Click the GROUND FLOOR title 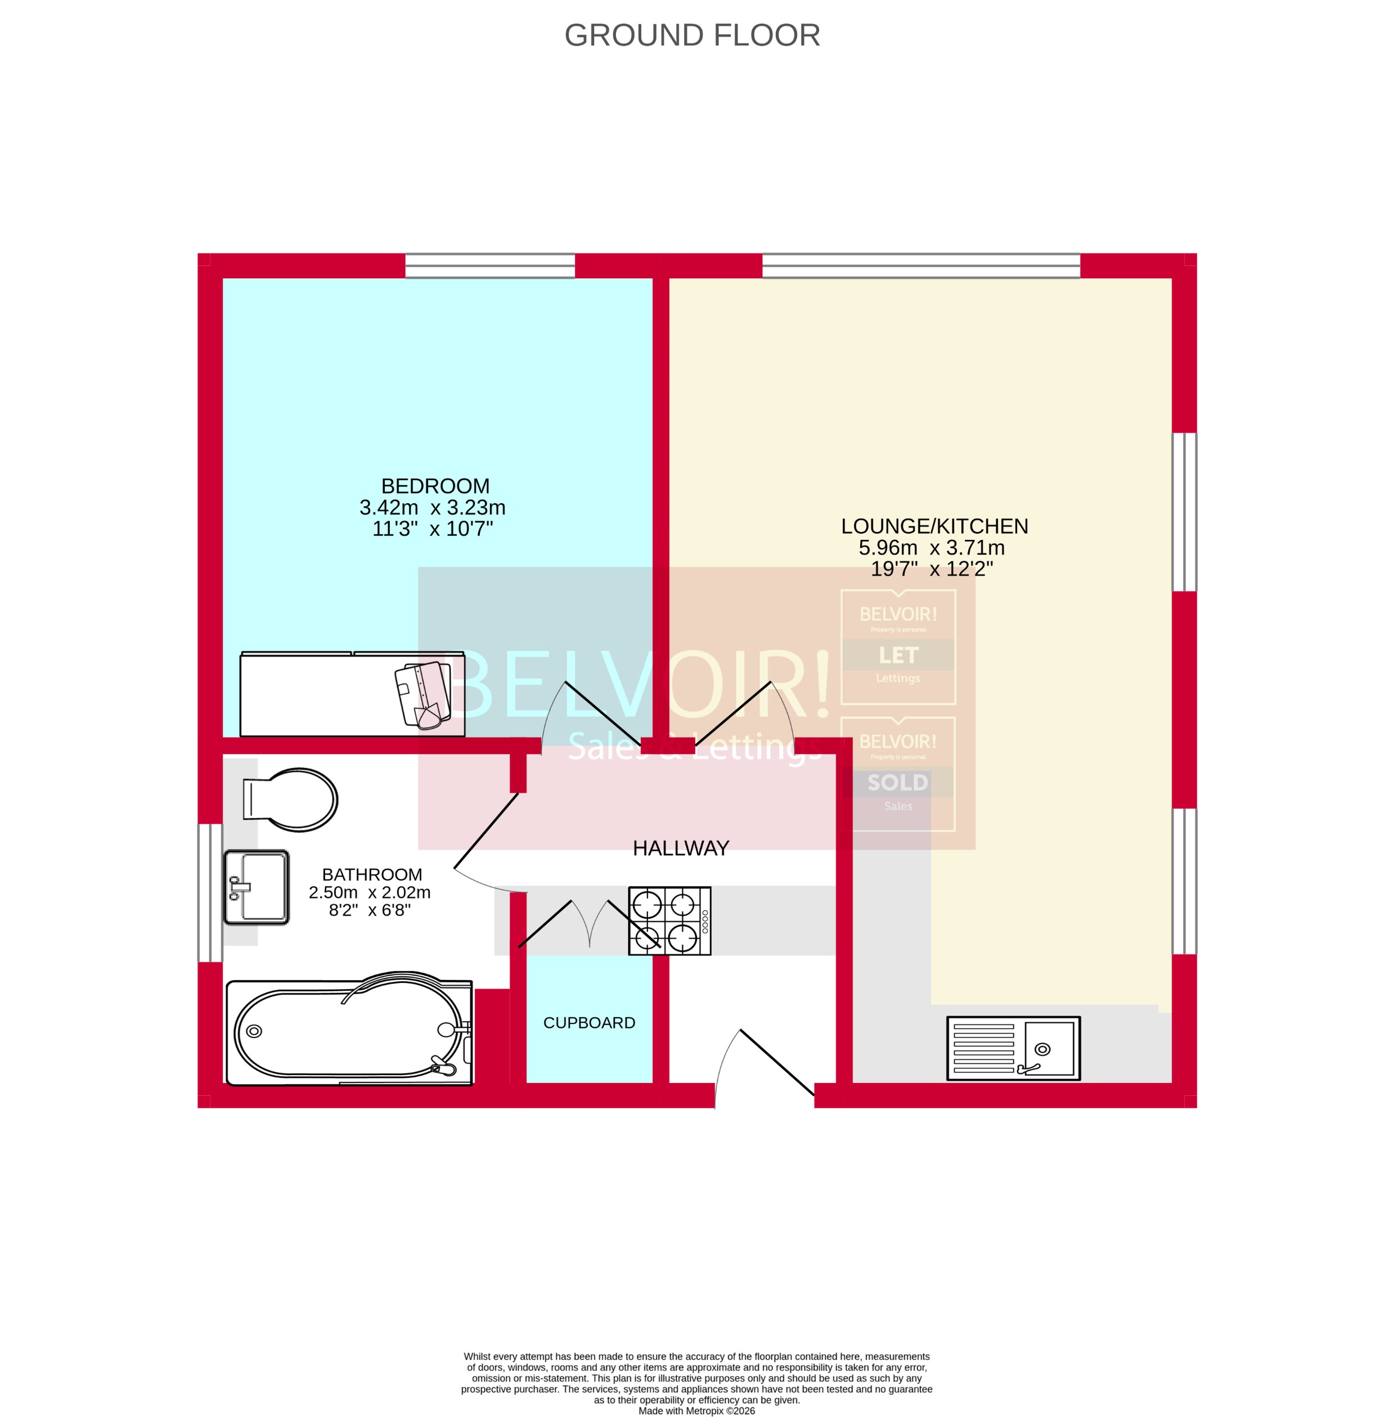692,35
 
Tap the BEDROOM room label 435,486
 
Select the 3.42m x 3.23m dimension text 432,507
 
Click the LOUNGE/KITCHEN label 934,526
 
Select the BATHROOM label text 372,874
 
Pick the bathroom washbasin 257,887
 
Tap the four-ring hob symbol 669,920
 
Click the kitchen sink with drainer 1013,1048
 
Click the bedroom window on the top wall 490,265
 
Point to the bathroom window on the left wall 210,893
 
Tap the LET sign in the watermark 898,655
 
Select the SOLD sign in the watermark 898,782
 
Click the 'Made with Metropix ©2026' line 696,1410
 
